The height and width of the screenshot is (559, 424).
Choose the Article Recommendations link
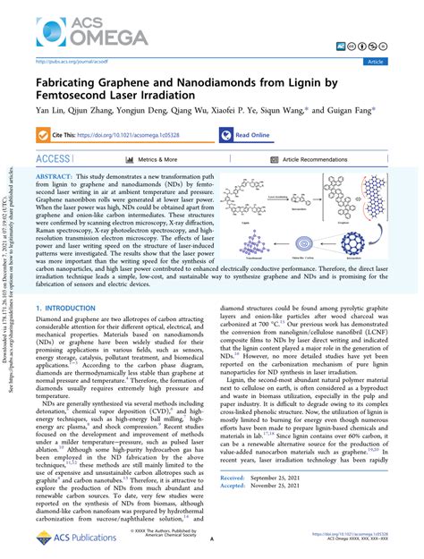pyautogui.click(x=304, y=158)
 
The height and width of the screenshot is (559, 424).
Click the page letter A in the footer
pyautogui.click(x=212, y=540)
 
